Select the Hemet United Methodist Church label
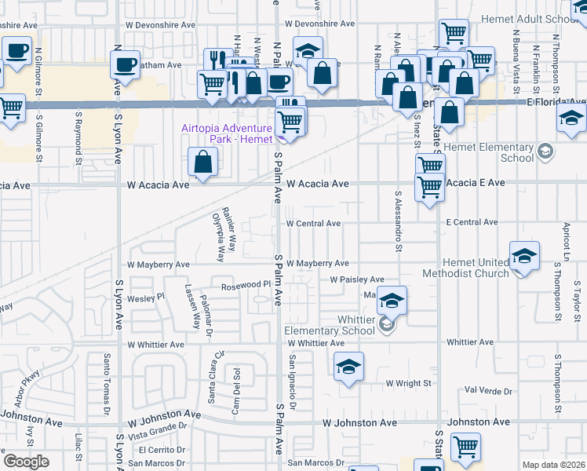[466, 268]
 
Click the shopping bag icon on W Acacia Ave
[203, 162]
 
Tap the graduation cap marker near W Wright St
[348, 367]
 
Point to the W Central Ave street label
[313, 224]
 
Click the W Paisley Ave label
[357, 279]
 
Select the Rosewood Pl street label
[246, 286]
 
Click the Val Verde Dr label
[488, 390]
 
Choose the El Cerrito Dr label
[162, 450]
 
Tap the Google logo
[26, 461]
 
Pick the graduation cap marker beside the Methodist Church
[524, 256]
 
